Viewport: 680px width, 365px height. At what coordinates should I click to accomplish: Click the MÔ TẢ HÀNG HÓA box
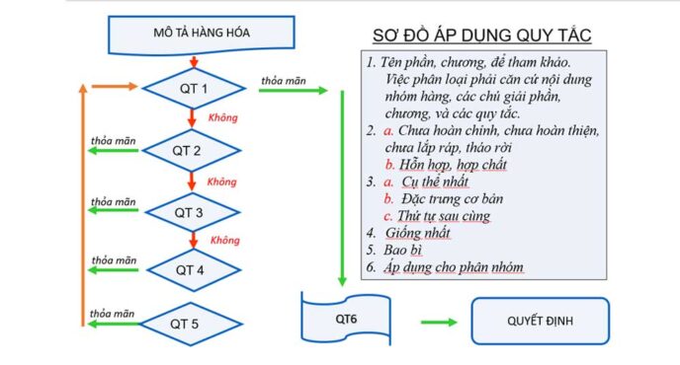(x=195, y=35)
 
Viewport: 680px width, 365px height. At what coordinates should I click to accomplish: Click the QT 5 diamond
(x=193, y=324)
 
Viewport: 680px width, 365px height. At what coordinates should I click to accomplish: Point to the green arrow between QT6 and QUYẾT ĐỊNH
(x=439, y=322)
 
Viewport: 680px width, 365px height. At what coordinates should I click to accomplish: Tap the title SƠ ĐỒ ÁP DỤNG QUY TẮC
(x=481, y=36)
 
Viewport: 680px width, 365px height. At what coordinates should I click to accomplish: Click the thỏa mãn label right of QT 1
(x=284, y=79)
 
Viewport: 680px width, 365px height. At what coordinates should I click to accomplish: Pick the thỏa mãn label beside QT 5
(x=112, y=313)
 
